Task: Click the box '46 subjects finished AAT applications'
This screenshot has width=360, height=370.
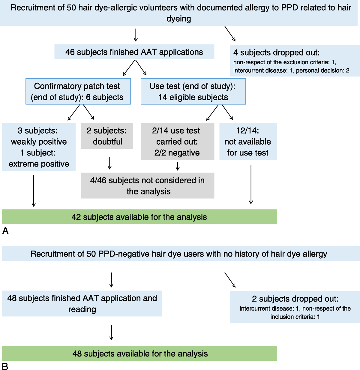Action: click(x=134, y=52)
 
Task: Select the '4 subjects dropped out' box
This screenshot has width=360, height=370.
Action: click(x=295, y=60)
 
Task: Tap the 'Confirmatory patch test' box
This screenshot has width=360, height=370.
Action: click(x=78, y=91)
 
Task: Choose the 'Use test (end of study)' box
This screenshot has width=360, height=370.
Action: click(x=193, y=91)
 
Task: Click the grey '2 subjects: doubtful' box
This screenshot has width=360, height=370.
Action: click(x=107, y=136)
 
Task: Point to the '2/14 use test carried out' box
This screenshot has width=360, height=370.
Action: click(x=177, y=141)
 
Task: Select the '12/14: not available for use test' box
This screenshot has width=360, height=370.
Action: click(x=248, y=141)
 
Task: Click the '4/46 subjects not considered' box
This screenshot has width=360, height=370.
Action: click(x=147, y=185)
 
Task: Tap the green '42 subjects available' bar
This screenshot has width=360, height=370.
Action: click(x=139, y=217)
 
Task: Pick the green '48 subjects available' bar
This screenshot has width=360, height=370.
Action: click(x=139, y=353)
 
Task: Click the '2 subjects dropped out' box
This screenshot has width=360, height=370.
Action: click(x=295, y=307)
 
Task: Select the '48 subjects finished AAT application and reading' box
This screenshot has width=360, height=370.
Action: click(x=82, y=303)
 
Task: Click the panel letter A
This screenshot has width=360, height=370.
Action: click(x=5, y=231)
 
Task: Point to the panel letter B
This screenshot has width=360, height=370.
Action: click(x=5, y=366)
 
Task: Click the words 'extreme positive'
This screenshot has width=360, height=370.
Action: click(x=39, y=164)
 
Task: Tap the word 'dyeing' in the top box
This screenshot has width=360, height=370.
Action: click(x=179, y=19)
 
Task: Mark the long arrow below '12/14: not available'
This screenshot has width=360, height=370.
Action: click(x=251, y=185)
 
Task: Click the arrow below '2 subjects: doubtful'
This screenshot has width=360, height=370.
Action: click(x=109, y=163)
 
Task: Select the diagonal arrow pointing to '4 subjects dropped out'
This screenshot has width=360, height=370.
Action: click(x=230, y=34)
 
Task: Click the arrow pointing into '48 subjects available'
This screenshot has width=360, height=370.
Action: click(x=111, y=332)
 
